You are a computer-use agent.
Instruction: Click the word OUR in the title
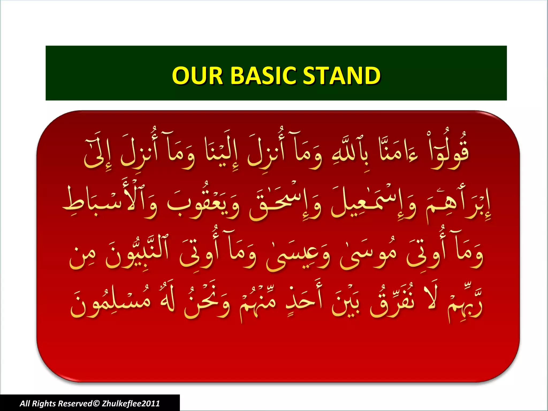(x=197, y=75)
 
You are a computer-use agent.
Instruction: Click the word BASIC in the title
(x=263, y=75)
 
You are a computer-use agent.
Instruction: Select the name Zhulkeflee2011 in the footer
(x=131, y=404)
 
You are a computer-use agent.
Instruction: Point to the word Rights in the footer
(x=44, y=404)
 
